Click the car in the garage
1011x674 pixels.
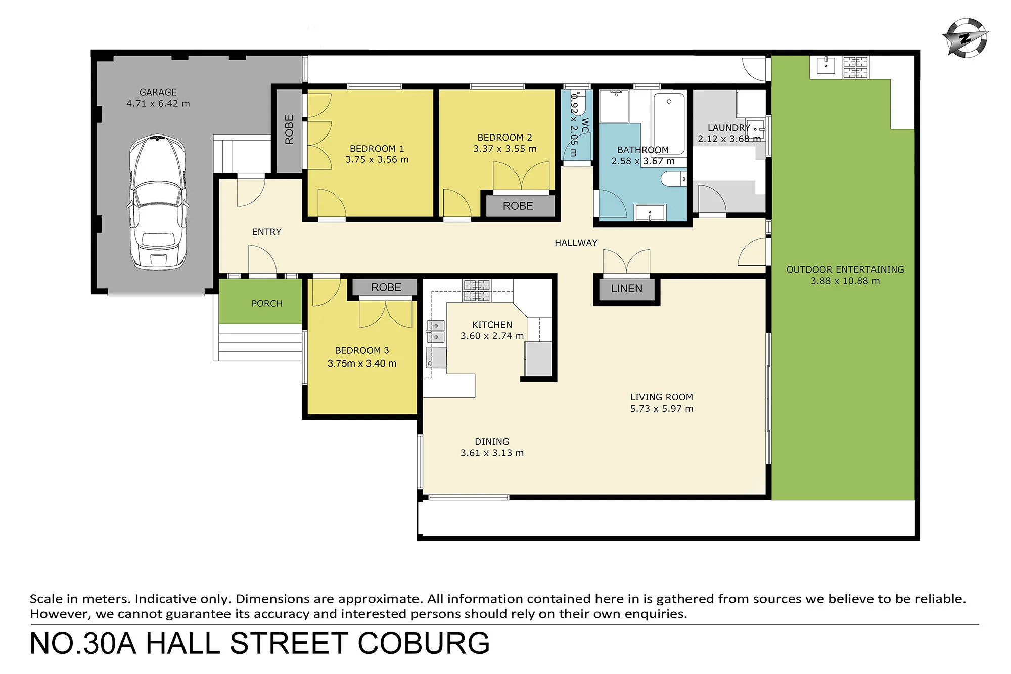click(158, 202)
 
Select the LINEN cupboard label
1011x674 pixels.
click(626, 289)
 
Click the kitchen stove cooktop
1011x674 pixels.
click(477, 291)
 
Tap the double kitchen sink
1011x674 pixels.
click(436, 331)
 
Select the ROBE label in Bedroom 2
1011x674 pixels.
click(518, 206)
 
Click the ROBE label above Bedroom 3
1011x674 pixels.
click(386, 287)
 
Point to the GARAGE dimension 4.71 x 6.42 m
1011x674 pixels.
click(158, 104)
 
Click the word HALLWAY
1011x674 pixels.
click(576, 243)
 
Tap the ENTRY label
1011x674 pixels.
click(266, 232)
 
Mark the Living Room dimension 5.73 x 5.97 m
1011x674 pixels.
click(661, 409)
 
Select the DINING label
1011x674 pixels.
click(492, 441)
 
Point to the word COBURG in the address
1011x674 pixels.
click(424, 643)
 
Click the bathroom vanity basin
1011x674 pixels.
click(650, 212)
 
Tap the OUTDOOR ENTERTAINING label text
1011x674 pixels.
click(845, 269)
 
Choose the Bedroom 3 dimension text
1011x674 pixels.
click(362, 363)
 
